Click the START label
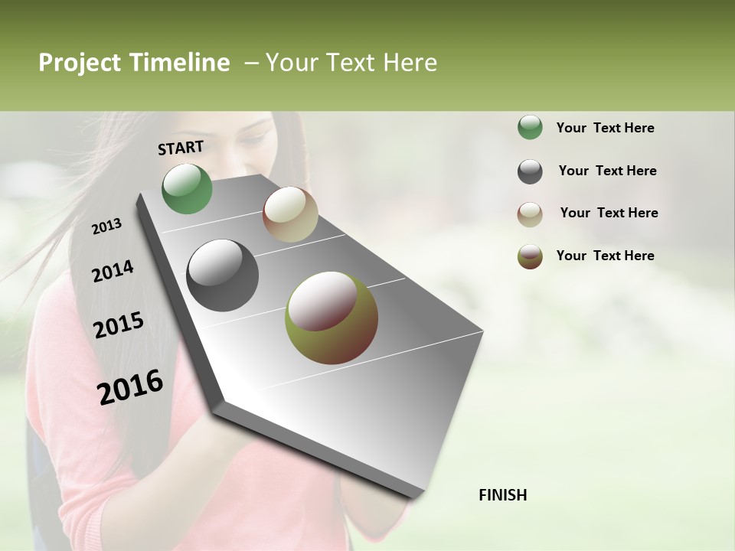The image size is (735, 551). (x=181, y=148)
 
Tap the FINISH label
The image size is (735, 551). (x=502, y=495)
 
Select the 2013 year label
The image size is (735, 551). (x=107, y=227)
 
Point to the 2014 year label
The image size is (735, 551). (x=113, y=271)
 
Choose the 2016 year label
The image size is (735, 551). (x=131, y=386)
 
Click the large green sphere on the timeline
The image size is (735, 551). (x=187, y=188)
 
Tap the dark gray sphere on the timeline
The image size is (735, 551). (x=222, y=275)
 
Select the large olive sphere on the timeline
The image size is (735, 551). (x=331, y=318)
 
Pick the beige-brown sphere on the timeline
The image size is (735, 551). (x=290, y=214)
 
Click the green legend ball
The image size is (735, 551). (x=530, y=128)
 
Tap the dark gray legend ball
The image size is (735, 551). (x=530, y=171)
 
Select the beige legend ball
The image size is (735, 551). (x=530, y=214)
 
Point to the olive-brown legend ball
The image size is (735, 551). (x=530, y=256)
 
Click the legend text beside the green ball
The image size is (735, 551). (x=605, y=128)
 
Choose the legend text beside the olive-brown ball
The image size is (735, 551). (x=605, y=256)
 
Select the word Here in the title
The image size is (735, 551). (x=410, y=63)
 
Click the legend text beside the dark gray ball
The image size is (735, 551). (x=607, y=171)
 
